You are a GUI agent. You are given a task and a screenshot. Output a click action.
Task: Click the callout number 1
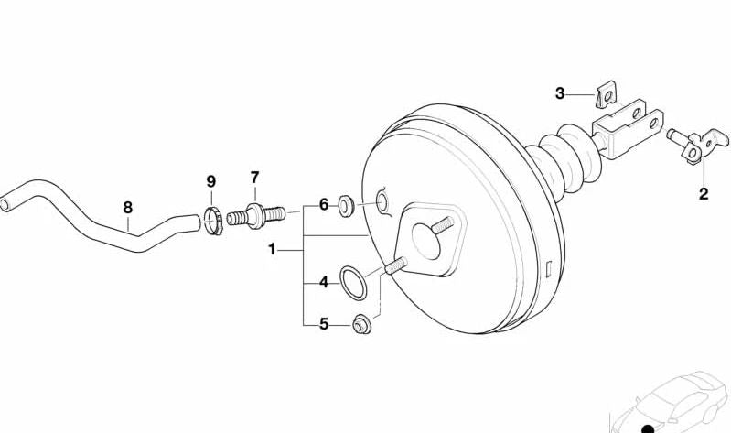click(x=272, y=250)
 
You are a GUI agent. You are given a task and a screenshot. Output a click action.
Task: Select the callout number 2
click(x=704, y=193)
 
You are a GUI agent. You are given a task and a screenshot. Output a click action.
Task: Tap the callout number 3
click(x=560, y=93)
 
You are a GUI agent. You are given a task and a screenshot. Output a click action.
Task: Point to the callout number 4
click(x=324, y=282)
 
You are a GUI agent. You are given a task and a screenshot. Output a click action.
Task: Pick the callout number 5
click(x=324, y=323)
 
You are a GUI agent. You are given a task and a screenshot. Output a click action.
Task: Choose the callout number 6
click(x=324, y=204)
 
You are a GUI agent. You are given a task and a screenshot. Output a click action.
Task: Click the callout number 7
click(x=254, y=178)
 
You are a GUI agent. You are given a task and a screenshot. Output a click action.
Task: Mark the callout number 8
click(x=128, y=207)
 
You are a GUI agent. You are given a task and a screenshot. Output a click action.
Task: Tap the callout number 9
click(x=211, y=181)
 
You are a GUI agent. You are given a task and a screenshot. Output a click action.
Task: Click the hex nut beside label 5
click(x=362, y=325)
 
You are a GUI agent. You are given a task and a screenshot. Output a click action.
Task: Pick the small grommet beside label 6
click(x=346, y=206)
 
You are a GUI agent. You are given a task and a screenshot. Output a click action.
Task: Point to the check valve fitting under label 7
click(x=256, y=215)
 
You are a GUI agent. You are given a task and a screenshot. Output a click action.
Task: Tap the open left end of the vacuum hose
click(x=5, y=205)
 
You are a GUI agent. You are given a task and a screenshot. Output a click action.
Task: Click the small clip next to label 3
click(x=607, y=94)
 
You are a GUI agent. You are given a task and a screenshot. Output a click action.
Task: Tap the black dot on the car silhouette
click(x=648, y=428)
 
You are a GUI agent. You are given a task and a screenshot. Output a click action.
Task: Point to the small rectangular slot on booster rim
click(x=549, y=270)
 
